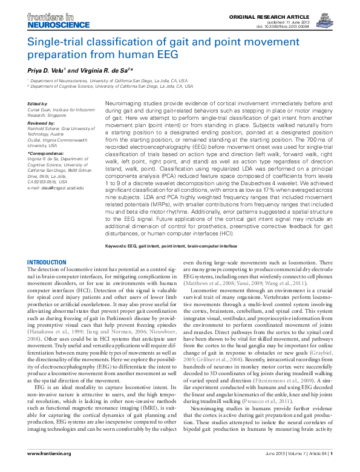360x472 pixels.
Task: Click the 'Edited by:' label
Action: (38, 103)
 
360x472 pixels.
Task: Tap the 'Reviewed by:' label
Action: (41, 122)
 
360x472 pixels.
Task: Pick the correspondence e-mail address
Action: (56, 188)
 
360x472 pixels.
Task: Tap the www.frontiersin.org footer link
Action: (50, 453)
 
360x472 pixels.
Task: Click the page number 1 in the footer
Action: (332, 453)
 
